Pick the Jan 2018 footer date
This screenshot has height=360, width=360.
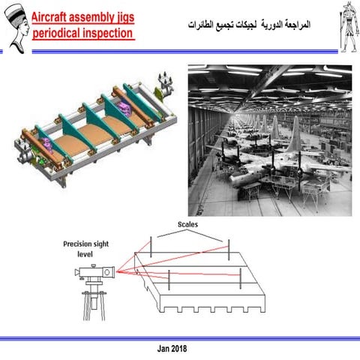pos(172,349)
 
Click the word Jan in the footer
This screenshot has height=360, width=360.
pos(163,349)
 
